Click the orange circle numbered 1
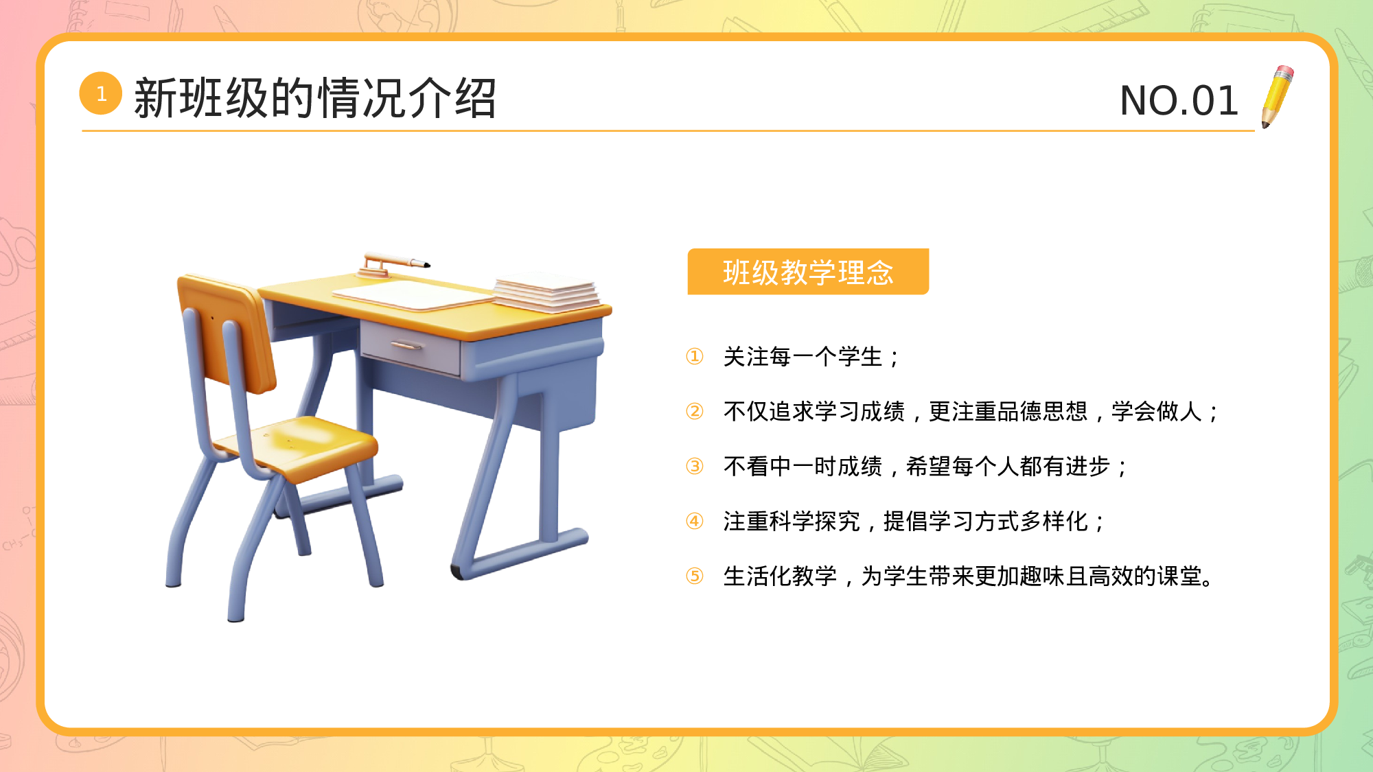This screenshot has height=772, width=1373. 101,93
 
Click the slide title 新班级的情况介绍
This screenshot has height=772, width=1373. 314,98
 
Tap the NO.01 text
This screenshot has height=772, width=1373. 1179,101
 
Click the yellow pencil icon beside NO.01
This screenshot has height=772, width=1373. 1277,97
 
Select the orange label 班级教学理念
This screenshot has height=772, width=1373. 808,272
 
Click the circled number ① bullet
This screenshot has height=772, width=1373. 695,357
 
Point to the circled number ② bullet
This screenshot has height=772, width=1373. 695,412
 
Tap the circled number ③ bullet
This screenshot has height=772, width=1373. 695,467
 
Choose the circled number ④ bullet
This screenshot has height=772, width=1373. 695,522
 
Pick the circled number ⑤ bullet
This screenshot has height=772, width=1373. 695,576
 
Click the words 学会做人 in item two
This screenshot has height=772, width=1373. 1157,412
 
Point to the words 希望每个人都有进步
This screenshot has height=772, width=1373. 1008,467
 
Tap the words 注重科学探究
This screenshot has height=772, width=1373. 792,522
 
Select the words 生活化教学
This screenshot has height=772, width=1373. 780,576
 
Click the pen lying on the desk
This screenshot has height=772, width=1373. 395,261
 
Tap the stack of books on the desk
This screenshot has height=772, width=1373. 547,292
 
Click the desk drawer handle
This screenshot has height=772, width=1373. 407,345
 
